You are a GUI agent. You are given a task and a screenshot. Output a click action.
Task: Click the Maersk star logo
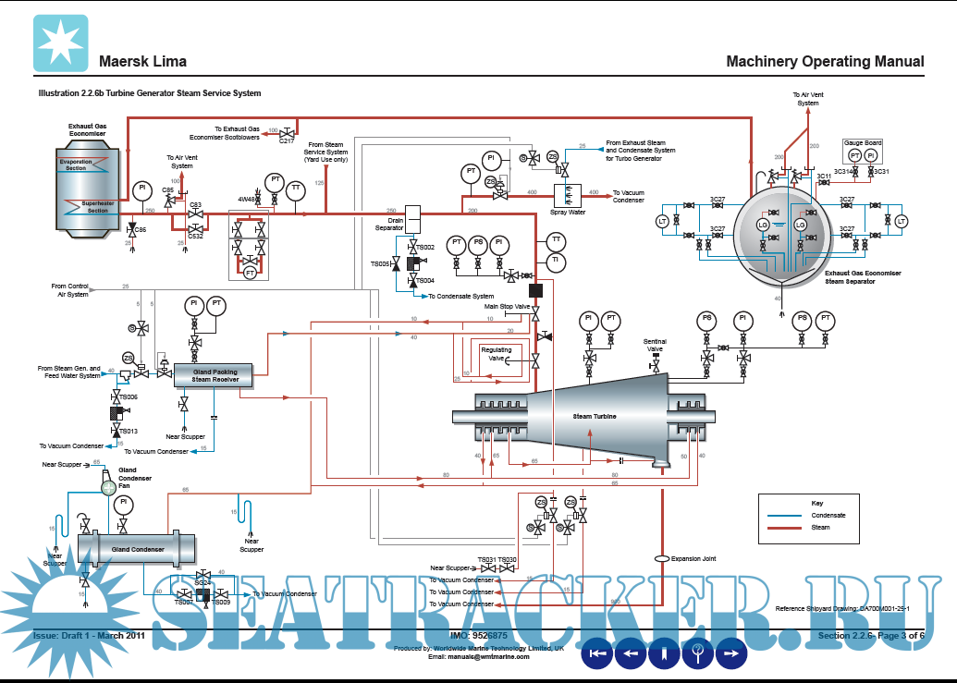click(61, 44)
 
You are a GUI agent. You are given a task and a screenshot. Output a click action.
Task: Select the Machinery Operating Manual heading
click(825, 62)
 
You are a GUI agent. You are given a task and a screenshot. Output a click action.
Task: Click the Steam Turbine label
click(595, 416)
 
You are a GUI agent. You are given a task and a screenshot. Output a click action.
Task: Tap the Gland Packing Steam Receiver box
click(215, 375)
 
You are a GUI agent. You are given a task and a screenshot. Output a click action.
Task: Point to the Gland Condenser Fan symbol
click(108, 487)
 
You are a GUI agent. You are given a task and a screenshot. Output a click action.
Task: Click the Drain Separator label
click(389, 225)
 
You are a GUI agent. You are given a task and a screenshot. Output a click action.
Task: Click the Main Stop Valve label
click(507, 306)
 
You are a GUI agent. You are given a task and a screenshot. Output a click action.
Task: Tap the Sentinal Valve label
click(655, 346)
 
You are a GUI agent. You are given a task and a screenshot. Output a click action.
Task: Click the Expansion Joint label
click(693, 558)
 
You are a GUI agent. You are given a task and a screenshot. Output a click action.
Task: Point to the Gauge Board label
click(863, 142)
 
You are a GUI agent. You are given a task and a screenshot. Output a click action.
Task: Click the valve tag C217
click(287, 140)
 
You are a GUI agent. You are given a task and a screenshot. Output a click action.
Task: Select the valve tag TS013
click(127, 432)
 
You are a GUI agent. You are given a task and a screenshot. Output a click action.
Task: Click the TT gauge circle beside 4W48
click(296, 189)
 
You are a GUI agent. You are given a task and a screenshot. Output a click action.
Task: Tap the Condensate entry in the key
click(828, 515)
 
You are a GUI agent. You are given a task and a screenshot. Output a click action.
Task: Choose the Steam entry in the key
click(820, 528)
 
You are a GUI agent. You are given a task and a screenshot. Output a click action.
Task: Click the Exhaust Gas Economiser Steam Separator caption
click(863, 277)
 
